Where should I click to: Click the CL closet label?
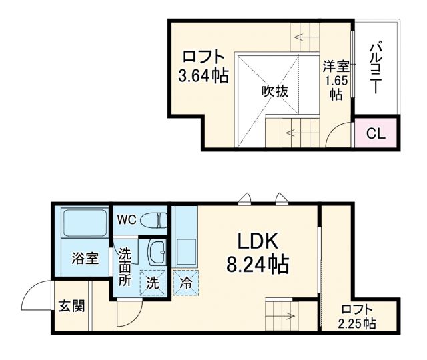pos(376,133)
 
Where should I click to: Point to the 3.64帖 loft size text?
pos(203,75)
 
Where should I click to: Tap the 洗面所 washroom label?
pos(125,265)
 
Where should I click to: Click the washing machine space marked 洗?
pos(153,282)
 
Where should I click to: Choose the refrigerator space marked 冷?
pos(185,282)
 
